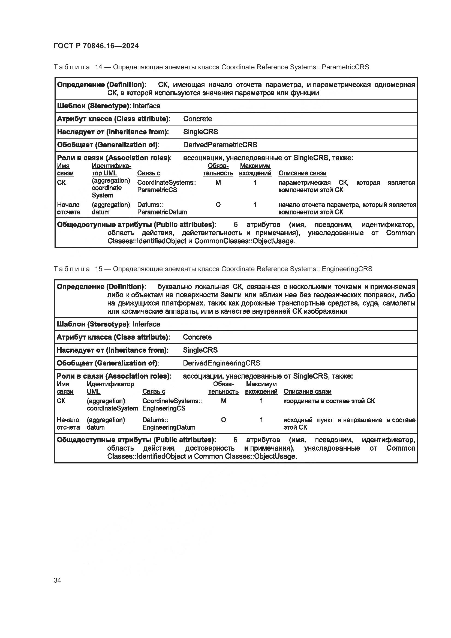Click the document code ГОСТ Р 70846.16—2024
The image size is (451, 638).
[96, 46]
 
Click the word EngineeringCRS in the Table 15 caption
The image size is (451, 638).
[347, 269]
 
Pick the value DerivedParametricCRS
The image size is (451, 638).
[220, 145]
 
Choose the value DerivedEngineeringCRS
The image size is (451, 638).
[221, 363]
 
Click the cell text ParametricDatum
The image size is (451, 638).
[162, 212]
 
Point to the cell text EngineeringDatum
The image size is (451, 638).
[169, 427]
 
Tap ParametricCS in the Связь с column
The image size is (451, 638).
[157, 190]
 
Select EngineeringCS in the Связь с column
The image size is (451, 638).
[164, 408]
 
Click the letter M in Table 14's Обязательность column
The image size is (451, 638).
[218, 182]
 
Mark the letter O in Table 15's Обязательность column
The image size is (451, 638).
[223, 420]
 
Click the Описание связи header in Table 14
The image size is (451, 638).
[302, 173]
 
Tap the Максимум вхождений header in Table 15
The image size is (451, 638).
[261, 388]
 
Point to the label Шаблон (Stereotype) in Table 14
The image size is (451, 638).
[94, 106]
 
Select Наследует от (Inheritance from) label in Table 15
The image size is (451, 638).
[112, 350]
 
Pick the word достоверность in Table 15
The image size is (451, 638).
[210, 448]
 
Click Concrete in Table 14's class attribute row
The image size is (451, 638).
[197, 119]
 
